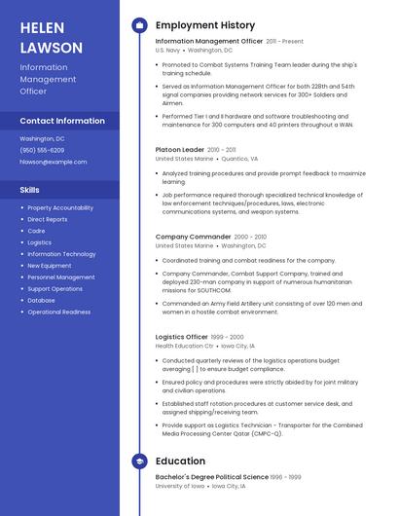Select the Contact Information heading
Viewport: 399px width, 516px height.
coord(62,121)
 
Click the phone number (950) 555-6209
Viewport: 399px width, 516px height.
coord(42,150)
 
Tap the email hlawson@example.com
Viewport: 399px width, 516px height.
coord(47,162)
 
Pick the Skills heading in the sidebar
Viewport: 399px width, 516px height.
coord(30,190)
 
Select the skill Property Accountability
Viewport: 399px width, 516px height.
coord(60,207)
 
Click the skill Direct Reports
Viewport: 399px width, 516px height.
coord(48,219)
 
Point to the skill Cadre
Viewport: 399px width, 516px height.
coord(36,231)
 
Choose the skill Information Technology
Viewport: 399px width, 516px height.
coord(61,254)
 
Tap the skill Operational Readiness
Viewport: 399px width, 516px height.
coord(59,313)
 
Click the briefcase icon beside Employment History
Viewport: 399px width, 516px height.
coord(139,25)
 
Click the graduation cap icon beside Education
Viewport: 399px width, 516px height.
coord(139,461)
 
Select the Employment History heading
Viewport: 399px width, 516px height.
coord(205,25)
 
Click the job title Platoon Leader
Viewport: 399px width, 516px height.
coord(180,149)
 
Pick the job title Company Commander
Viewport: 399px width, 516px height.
coord(194,237)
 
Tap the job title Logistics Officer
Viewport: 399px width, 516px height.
coord(182,336)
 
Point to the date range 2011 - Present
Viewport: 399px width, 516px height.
coord(285,42)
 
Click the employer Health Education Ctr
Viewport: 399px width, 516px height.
coord(184,346)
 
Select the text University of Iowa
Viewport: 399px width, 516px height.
coord(180,486)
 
